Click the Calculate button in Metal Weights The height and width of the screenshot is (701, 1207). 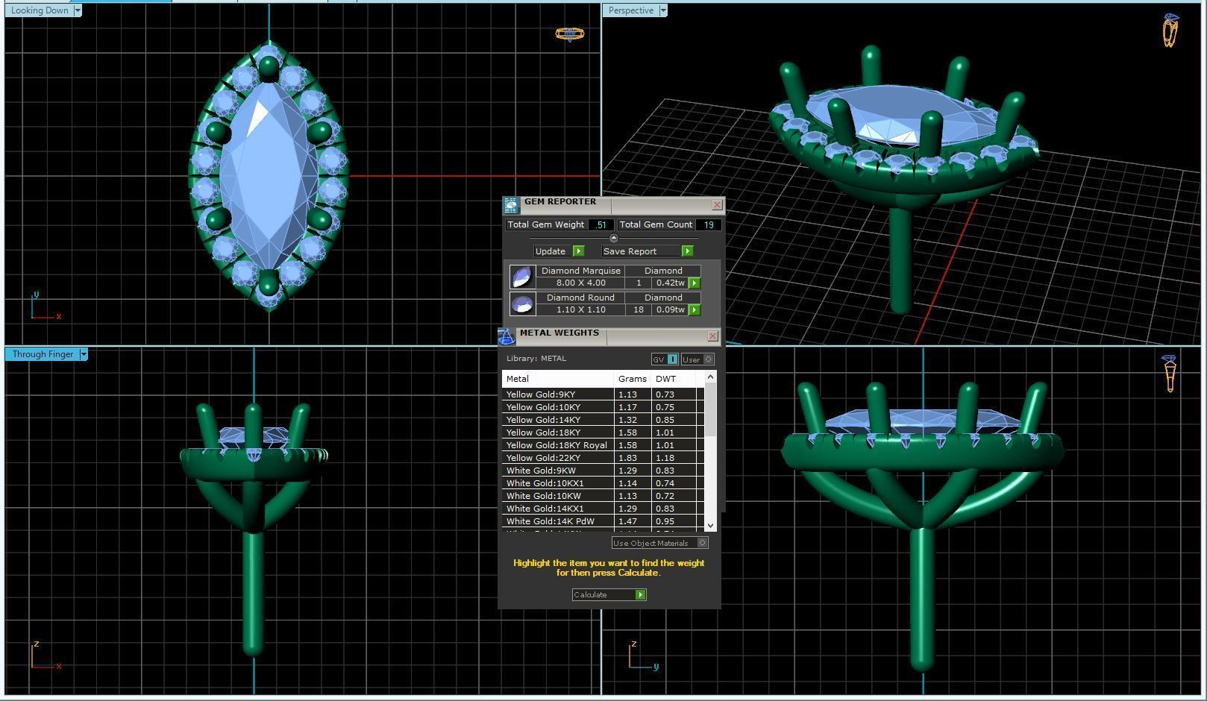(x=608, y=594)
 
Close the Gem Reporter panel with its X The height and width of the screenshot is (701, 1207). (x=717, y=204)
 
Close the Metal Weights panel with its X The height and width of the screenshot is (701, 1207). (x=712, y=336)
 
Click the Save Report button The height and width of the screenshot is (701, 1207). (x=647, y=251)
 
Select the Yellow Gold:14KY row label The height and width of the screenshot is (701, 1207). (x=543, y=420)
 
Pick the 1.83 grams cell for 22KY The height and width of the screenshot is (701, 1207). (x=627, y=458)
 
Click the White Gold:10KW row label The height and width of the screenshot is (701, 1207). (x=543, y=496)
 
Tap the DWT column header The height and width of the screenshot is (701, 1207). (x=666, y=379)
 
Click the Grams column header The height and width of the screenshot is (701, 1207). (x=632, y=379)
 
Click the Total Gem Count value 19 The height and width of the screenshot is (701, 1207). (x=708, y=224)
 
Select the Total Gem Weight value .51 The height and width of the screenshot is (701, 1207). (x=601, y=224)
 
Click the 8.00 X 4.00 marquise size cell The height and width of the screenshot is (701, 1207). (x=580, y=283)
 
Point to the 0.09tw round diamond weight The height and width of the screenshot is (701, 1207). (x=670, y=309)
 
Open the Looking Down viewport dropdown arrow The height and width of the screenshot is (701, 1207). (x=78, y=10)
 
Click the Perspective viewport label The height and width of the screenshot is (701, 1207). (x=630, y=10)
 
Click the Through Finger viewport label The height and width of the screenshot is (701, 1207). (x=43, y=354)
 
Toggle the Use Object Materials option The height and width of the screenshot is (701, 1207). (x=702, y=543)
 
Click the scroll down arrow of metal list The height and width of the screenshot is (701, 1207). (x=710, y=526)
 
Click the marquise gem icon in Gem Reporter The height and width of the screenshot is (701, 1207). (x=522, y=277)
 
